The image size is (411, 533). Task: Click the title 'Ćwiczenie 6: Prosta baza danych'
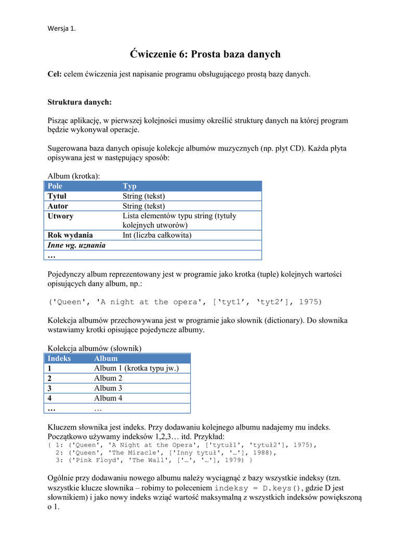pyautogui.click(x=205, y=54)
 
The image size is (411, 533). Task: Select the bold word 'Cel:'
pyautogui.click(x=55, y=74)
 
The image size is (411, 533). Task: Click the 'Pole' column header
pyautogui.click(x=55, y=186)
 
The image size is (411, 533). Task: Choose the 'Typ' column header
pyautogui.click(x=129, y=186)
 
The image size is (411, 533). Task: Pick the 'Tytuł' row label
pyautogui.click(x=57, y=196)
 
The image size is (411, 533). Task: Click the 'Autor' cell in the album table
pyautogui.click(x=58, y=206)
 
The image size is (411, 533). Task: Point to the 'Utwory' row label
pyautogui.click(x=60, y=216)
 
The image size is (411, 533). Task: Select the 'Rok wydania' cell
pyautogui.click(x=70, y=235)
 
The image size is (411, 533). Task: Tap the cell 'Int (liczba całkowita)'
pyautogui.click(x=157, y=235)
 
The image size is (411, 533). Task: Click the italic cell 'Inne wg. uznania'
pyautogui.click(x=76, y=245)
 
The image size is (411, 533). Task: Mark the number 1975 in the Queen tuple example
pyautogui.click(x=310, y=302)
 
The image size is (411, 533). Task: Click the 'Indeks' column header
pyautogui.click(x=59, y=358)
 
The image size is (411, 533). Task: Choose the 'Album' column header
pyautogui.click(x=105, y=358)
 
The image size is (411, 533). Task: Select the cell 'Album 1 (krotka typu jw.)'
pyautogui.click(x=136, y=368)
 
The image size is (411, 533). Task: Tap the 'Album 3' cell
pyautogui.click(x=108, y=388)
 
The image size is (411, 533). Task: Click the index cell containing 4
pyautogui.click(x=50, y=398)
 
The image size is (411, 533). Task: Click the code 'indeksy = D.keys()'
pyautogui.click(x=257, y=488)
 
